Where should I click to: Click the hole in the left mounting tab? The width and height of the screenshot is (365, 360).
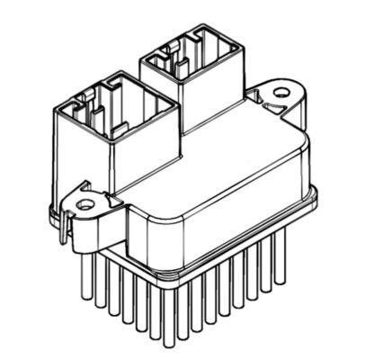pyautogui.click(x=85, y=204)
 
